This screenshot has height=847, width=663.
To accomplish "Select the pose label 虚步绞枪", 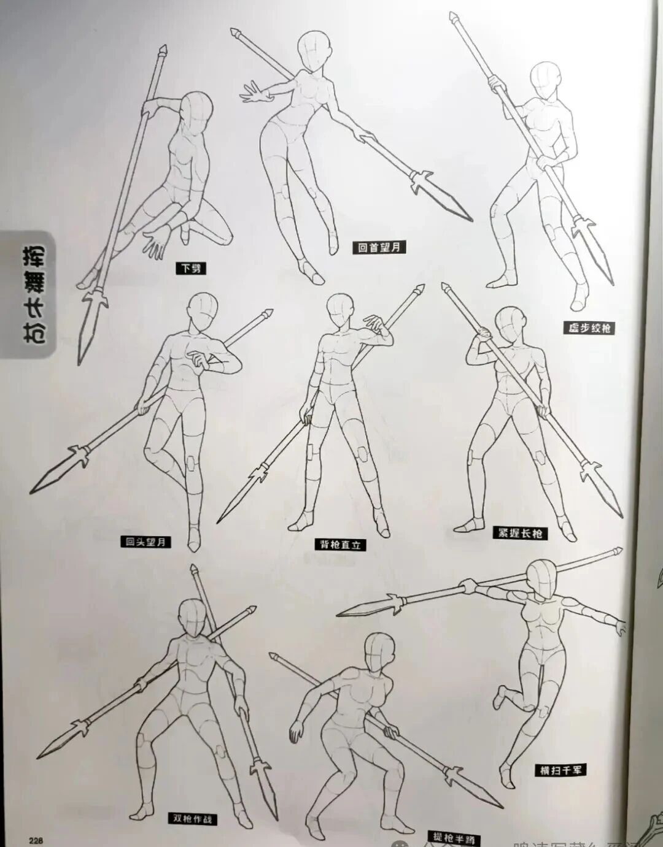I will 589,328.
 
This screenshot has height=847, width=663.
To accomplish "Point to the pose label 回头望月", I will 145,542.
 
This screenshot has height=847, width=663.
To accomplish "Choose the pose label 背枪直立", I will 339,544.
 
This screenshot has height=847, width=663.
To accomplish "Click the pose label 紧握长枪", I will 520,533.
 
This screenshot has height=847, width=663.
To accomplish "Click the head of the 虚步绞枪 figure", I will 545,79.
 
